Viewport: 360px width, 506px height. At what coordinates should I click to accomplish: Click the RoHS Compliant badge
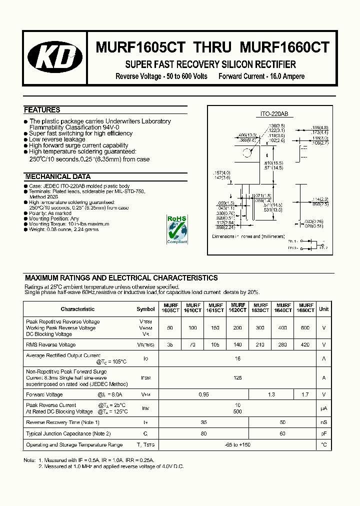(177, 229)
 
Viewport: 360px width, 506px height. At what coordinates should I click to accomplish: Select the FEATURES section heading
(42, 110)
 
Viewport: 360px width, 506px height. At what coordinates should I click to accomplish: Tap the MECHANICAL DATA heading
(57, 176)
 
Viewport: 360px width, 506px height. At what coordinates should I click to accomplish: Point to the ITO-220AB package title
(270, 114)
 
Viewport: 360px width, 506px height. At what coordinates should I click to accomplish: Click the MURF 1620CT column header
(238, 307)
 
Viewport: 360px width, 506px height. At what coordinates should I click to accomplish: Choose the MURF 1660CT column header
(305, 307)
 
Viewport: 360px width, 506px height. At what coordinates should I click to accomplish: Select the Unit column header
(324, 309)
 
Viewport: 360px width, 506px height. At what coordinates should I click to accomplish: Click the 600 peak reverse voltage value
(305, 327)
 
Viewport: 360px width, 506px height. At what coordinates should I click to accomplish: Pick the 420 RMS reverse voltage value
(305, 344)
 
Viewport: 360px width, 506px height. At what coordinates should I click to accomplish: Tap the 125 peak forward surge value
(238, 378)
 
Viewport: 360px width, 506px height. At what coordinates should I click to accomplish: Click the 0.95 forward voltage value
(204, 394)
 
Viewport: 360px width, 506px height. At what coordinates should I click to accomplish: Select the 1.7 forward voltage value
(305, 394)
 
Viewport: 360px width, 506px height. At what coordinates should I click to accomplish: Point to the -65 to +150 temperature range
(238, 444)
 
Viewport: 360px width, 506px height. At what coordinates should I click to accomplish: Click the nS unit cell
(324, 422)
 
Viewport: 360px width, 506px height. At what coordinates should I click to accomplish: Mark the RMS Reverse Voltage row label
(50, 344)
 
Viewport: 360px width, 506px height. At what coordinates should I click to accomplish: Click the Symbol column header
(145, 309)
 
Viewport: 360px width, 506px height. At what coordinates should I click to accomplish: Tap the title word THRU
(212, 47)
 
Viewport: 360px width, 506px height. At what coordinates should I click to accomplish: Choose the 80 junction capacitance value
(204, 433)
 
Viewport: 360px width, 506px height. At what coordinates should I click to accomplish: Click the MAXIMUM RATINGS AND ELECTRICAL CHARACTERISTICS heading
(121, 278)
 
